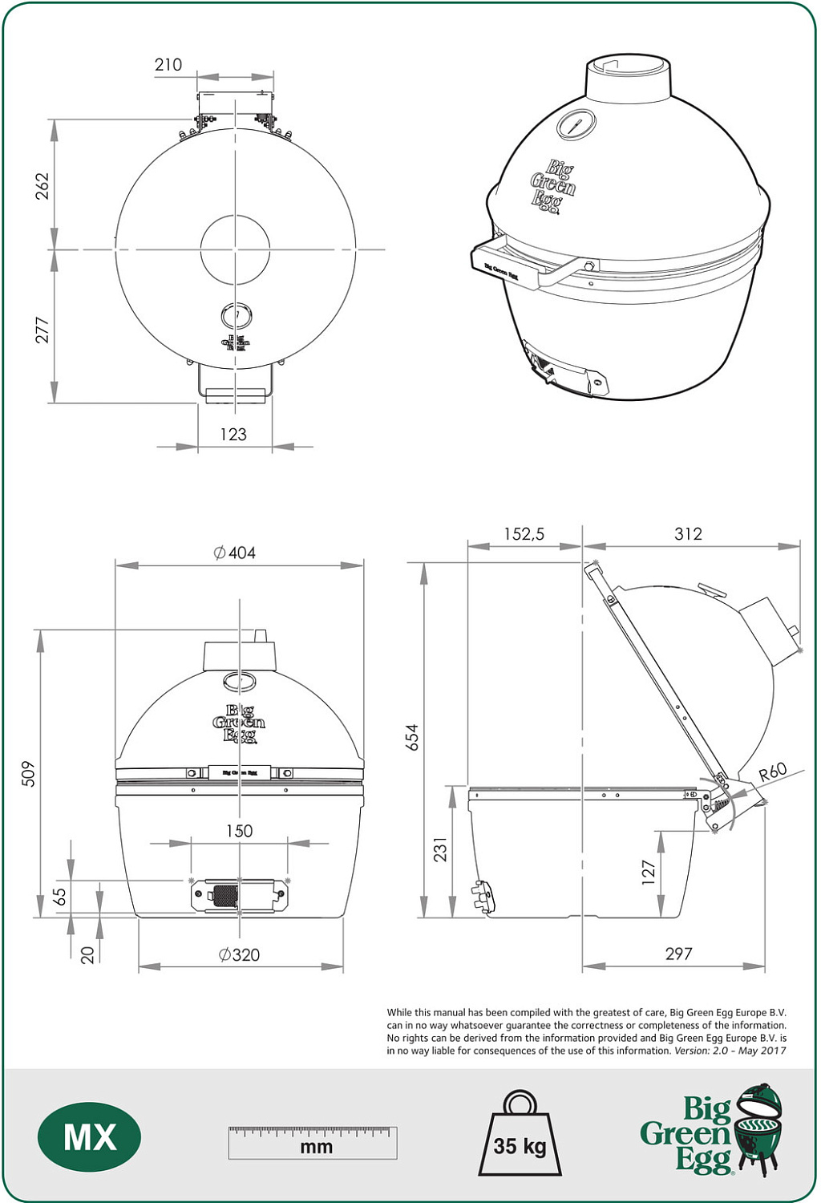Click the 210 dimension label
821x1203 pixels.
pyautogui.click(x=168, y=65)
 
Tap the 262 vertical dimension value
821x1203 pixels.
pyautogui.click(x=42, y=185)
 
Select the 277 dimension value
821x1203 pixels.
pyautogui.click(x=42, y=330)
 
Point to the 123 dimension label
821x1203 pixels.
pyautogui.click(x=233, y=435)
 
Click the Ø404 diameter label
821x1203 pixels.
pyautogui.click(x=235, y=553)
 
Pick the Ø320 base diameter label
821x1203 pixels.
pyautogui.click(x=239, y=954)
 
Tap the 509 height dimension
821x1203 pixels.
pyautogui.click(x=29, y=773)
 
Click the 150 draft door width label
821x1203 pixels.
pyautogui.click(x=239, y=831)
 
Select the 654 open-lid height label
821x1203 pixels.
pyautogui.click(x=412, y=737)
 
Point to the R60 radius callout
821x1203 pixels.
pyautogui.click(x=772, y=772)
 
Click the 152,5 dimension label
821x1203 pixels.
pyautogui.click(x=524, y=534)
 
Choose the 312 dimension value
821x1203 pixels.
pyautogui.click(x=688, y=534)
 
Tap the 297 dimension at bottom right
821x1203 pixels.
pyautogui.click(x=678, y=954)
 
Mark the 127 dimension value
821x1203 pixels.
pyautogui.click(x=649, y=872)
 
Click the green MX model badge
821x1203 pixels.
pyautogui.click(x=90, y=1137)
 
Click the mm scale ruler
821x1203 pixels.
pyautogui.click(x=313, y=1142)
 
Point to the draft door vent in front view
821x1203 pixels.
pyautogui.click(x=239, y=895)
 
